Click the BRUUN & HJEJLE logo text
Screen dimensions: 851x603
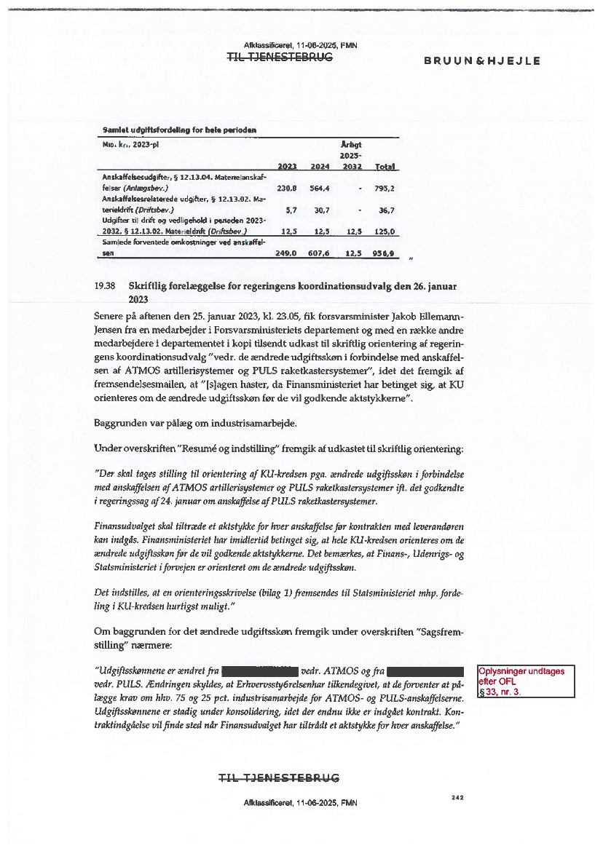point(482,61)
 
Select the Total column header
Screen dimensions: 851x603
point(385,167)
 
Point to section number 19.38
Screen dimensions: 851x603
point(106,286)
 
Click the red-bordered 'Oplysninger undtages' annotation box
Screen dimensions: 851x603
point(525,681)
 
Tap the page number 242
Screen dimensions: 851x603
point(457,798)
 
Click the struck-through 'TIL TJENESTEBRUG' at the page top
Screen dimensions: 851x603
point(280,58)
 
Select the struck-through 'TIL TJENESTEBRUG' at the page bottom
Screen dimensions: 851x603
point(280,778)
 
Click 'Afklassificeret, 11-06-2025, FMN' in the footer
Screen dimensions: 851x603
point(300,802)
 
